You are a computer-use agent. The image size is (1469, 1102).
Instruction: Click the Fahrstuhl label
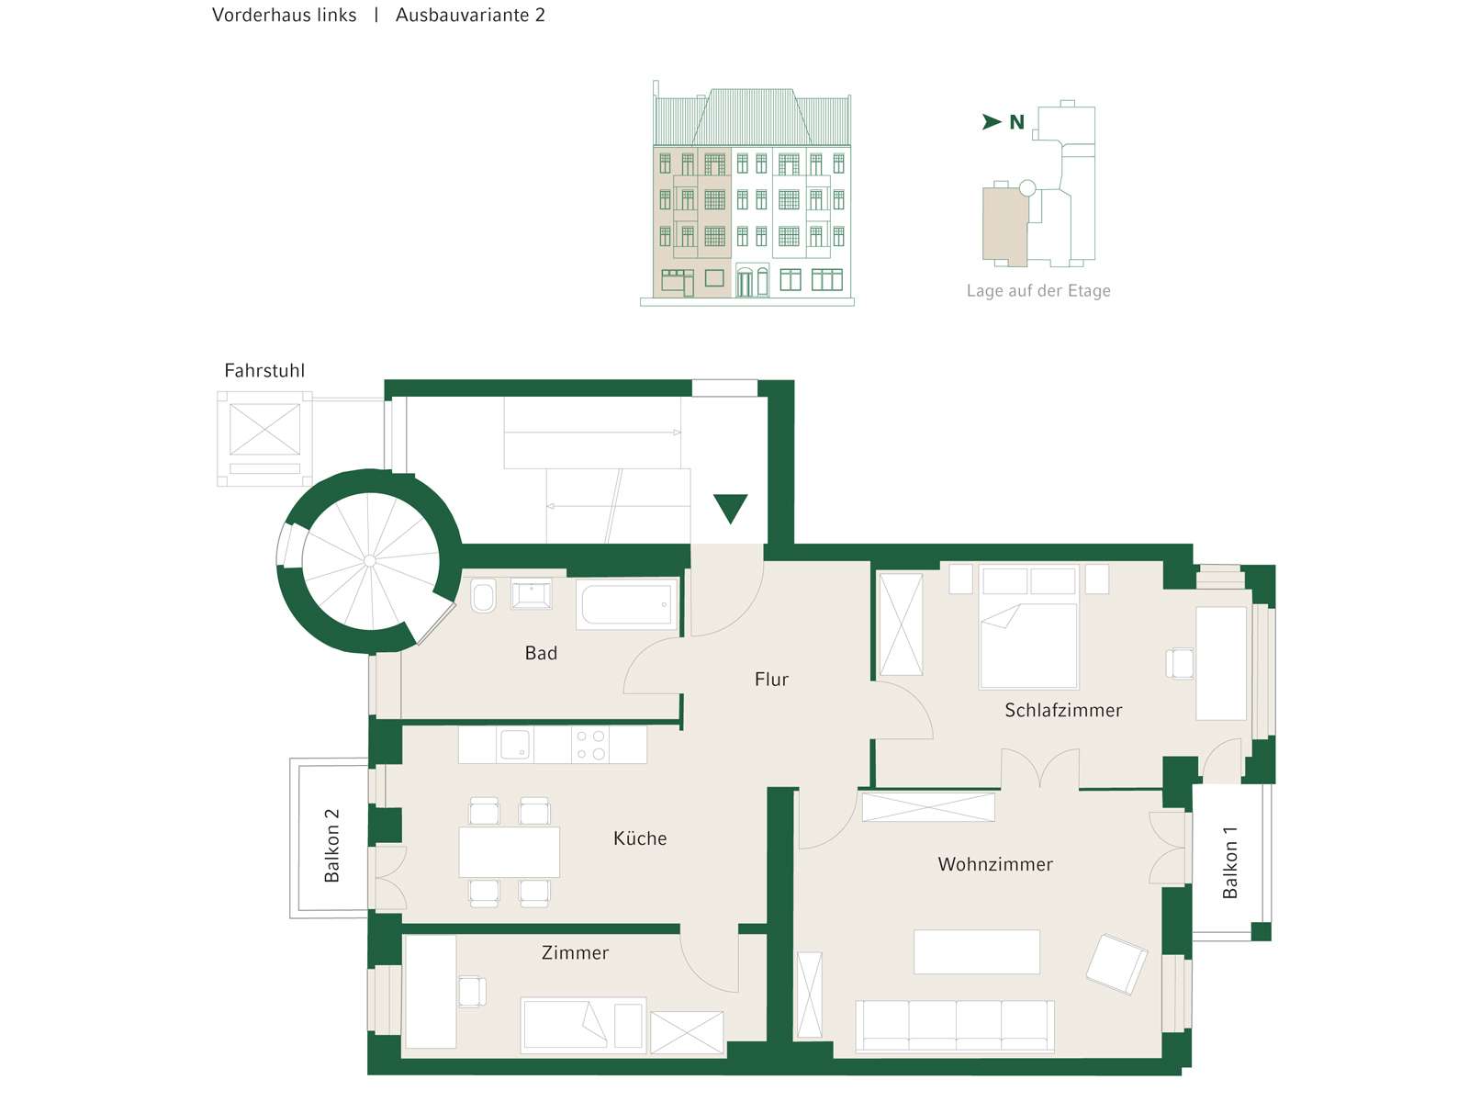[x=264, y=371]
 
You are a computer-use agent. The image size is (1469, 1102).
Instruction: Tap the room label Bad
[x=541, y=653]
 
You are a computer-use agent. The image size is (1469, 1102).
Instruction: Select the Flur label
[x=771, y=680]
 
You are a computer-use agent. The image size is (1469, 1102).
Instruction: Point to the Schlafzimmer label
[x=1063, y=710]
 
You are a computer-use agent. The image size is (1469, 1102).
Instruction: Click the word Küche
[x=640, y=838]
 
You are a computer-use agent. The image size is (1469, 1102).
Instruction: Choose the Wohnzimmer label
[x=995, y=864]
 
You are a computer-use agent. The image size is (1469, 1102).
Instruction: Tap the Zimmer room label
[x=575, y=952]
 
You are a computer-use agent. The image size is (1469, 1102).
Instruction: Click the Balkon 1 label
[x=1230, y=862]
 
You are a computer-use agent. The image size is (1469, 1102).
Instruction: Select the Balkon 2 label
[x=332, y=846]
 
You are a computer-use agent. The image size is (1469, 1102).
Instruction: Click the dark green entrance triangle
[x=730, y=507]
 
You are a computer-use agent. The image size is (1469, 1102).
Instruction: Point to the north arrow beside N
[x=992, y=122]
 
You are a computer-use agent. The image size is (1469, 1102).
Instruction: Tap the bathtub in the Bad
[x=627, y=604]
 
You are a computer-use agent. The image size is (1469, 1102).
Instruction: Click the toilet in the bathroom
[x=483, y=595]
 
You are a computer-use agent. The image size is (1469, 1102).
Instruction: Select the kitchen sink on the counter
[x=515, y=745]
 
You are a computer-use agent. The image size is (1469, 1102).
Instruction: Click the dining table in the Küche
[x=510, y=852]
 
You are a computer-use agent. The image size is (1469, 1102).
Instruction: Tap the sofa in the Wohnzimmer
[x=955, y=1027]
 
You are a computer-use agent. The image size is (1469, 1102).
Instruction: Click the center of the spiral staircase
[x=369, y=561]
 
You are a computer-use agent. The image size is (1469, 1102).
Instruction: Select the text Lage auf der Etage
[x=1038, y=291]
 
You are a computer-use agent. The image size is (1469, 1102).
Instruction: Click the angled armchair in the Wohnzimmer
[x=1116, y=964]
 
